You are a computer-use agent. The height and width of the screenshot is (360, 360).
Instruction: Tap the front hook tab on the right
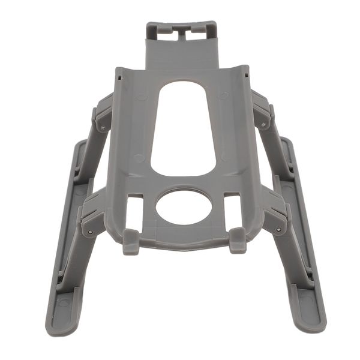[x=238, y=240]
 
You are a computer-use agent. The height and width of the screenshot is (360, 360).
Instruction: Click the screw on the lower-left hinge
[x=89, y=232]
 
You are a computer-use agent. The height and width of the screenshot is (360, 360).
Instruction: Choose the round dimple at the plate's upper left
[x=142, y=96]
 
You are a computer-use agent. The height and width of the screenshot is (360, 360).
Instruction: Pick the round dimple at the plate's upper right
[x=223, y=95]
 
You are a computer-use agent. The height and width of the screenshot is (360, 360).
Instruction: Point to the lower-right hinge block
[x=275, y=216]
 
